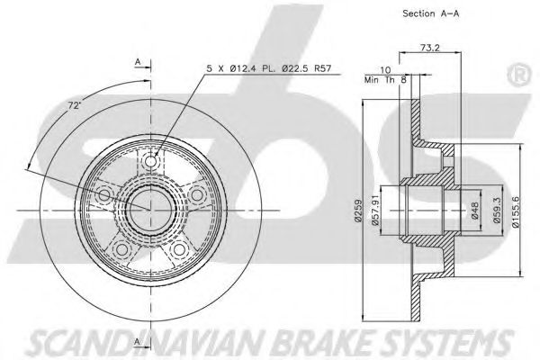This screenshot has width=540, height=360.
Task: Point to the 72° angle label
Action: (75, 106)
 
